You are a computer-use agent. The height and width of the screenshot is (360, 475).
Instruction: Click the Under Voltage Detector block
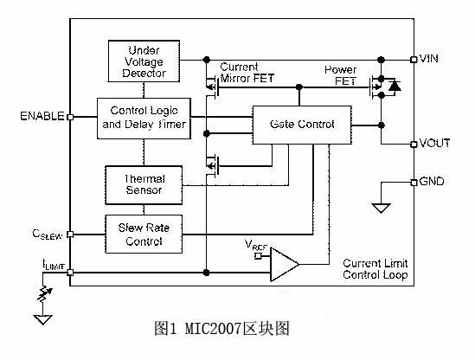click(144, 61)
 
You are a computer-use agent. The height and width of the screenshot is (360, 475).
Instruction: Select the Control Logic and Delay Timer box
click(144, 119)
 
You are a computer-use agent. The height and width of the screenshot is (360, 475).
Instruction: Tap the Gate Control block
click(302, 125)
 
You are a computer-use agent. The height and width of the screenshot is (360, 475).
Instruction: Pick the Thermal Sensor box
click(144, 185)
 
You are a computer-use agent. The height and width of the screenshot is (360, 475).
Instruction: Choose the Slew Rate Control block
click(144, 234)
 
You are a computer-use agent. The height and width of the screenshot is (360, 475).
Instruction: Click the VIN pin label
click(429, 58)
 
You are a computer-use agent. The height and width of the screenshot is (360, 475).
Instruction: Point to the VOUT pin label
click(434, 143)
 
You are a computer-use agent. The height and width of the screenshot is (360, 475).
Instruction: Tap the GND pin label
click(432, 181)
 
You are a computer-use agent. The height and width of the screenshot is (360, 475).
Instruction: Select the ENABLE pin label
click(42, 116)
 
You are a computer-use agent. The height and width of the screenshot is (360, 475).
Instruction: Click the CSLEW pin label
click(48, 235)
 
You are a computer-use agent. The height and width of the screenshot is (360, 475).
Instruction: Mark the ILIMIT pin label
click(54, 265)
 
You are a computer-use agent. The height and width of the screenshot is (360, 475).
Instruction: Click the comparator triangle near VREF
click(285, 264)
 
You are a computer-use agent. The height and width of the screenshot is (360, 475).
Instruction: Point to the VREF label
click(256, 245)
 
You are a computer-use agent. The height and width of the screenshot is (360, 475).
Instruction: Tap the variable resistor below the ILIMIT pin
click(45, 293)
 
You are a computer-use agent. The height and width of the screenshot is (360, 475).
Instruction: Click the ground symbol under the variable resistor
click(43, 319)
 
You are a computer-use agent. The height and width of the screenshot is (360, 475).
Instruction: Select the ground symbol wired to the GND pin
click(381, 209)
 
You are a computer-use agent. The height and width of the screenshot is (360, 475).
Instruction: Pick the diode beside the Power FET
click(395, 86)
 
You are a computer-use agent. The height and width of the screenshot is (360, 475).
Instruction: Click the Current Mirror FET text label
click(247, 73)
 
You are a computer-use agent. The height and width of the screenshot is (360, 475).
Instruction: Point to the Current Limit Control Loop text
click(376, 269)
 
